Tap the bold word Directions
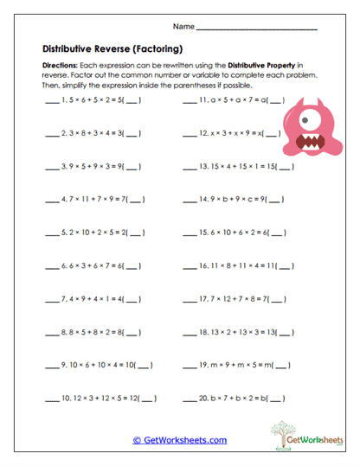[59, 66]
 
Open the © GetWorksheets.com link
[180, 440]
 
